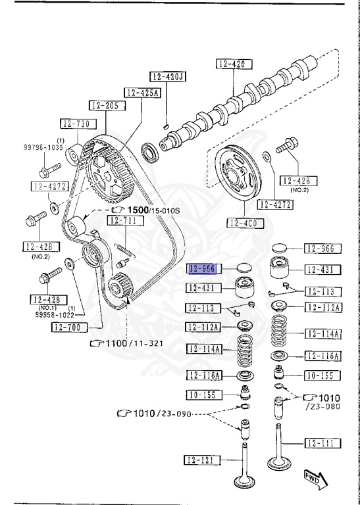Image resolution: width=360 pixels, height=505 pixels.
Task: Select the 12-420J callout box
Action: point(167,76)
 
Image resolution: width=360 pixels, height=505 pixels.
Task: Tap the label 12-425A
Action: point(141,93)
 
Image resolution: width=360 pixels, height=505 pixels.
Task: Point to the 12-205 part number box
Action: point(104,105)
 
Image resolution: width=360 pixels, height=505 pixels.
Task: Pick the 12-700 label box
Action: point(68,327)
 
